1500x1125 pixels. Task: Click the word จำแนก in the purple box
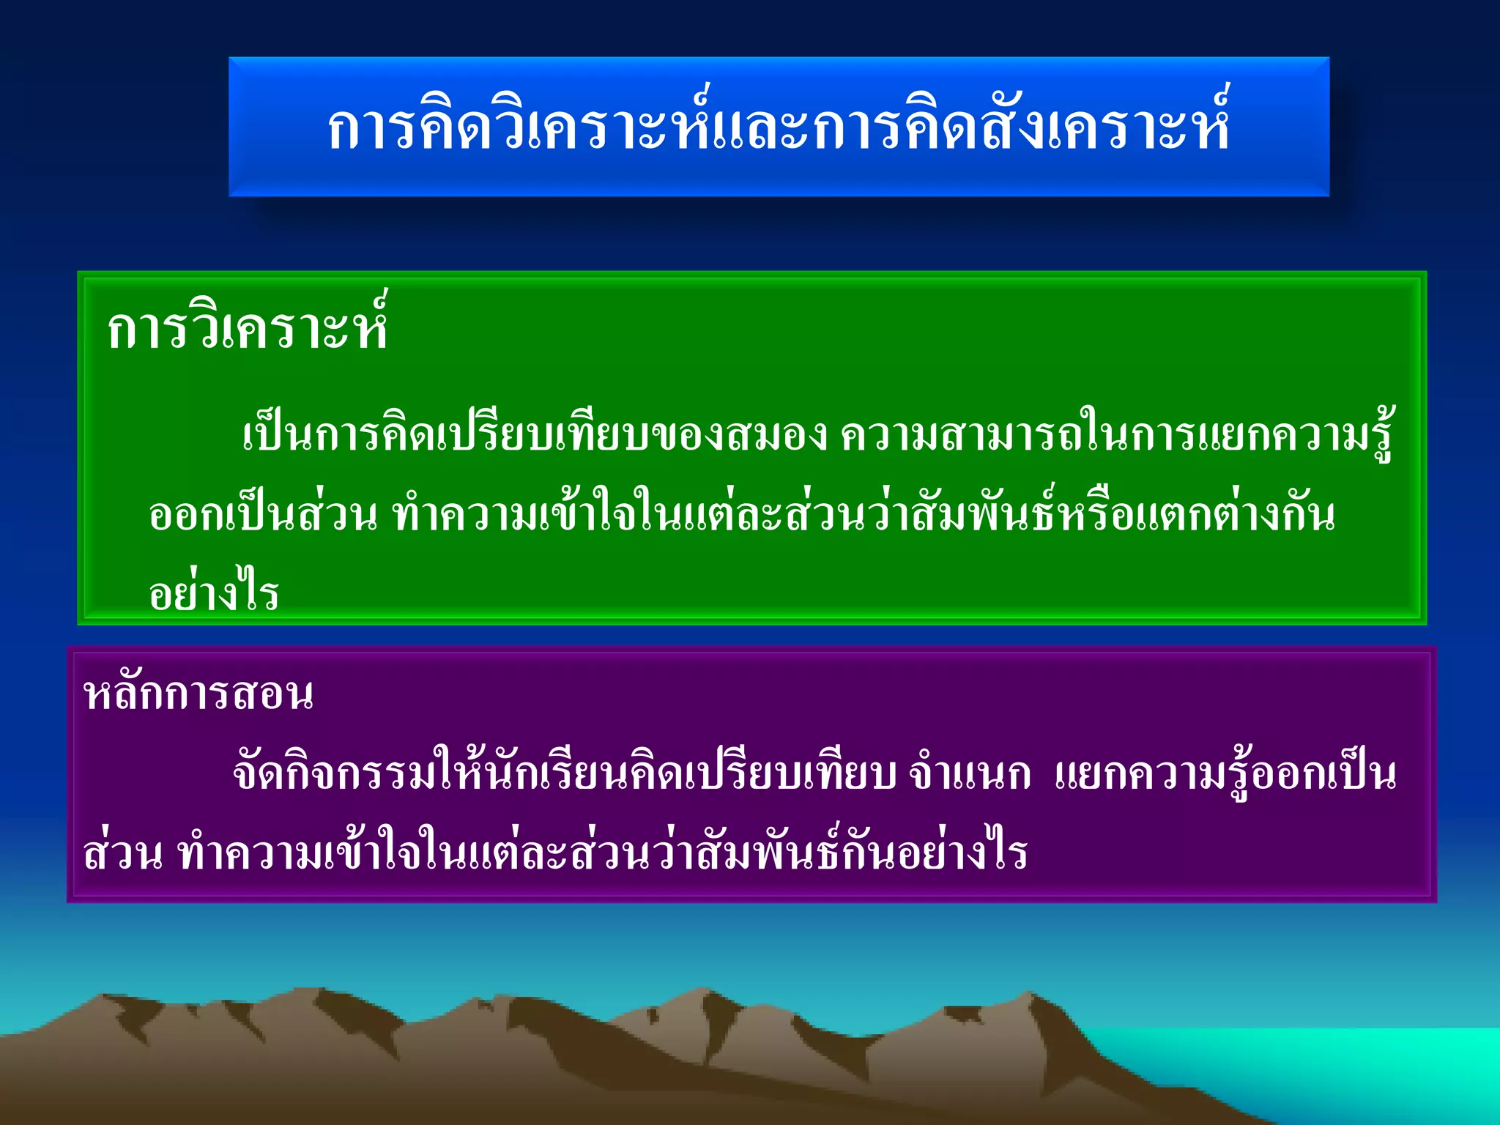(968, 773)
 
